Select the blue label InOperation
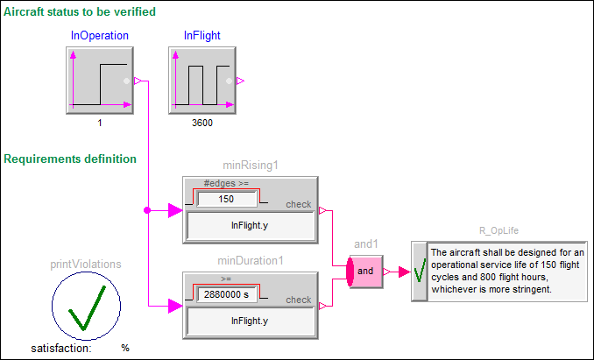pyautogui.click(x=100, y=36)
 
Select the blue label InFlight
pyautogui.click(x=202, y=36)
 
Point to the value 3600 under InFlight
pyautogui.click(x=202, y=124)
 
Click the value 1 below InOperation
pyautogui.click(x=100, y=124)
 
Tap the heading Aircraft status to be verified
pyautogui.click(x=81, y=12)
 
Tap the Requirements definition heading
pyautogui.click(x=71, y=159)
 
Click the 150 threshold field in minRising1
pyautogui.click(x=226, y=199)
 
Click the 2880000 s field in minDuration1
pyautogui.click(x=226, y=294)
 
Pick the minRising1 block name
pyautogui.click(x=251, y=166)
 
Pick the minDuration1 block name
pyautogui.click(x=251, y=261)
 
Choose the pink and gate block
pyautogui.click(x=366, y=271)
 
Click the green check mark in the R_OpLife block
pyautogui.click(x=420, y=271)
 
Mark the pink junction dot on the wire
pyautogui.click(x=146, y=210)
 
